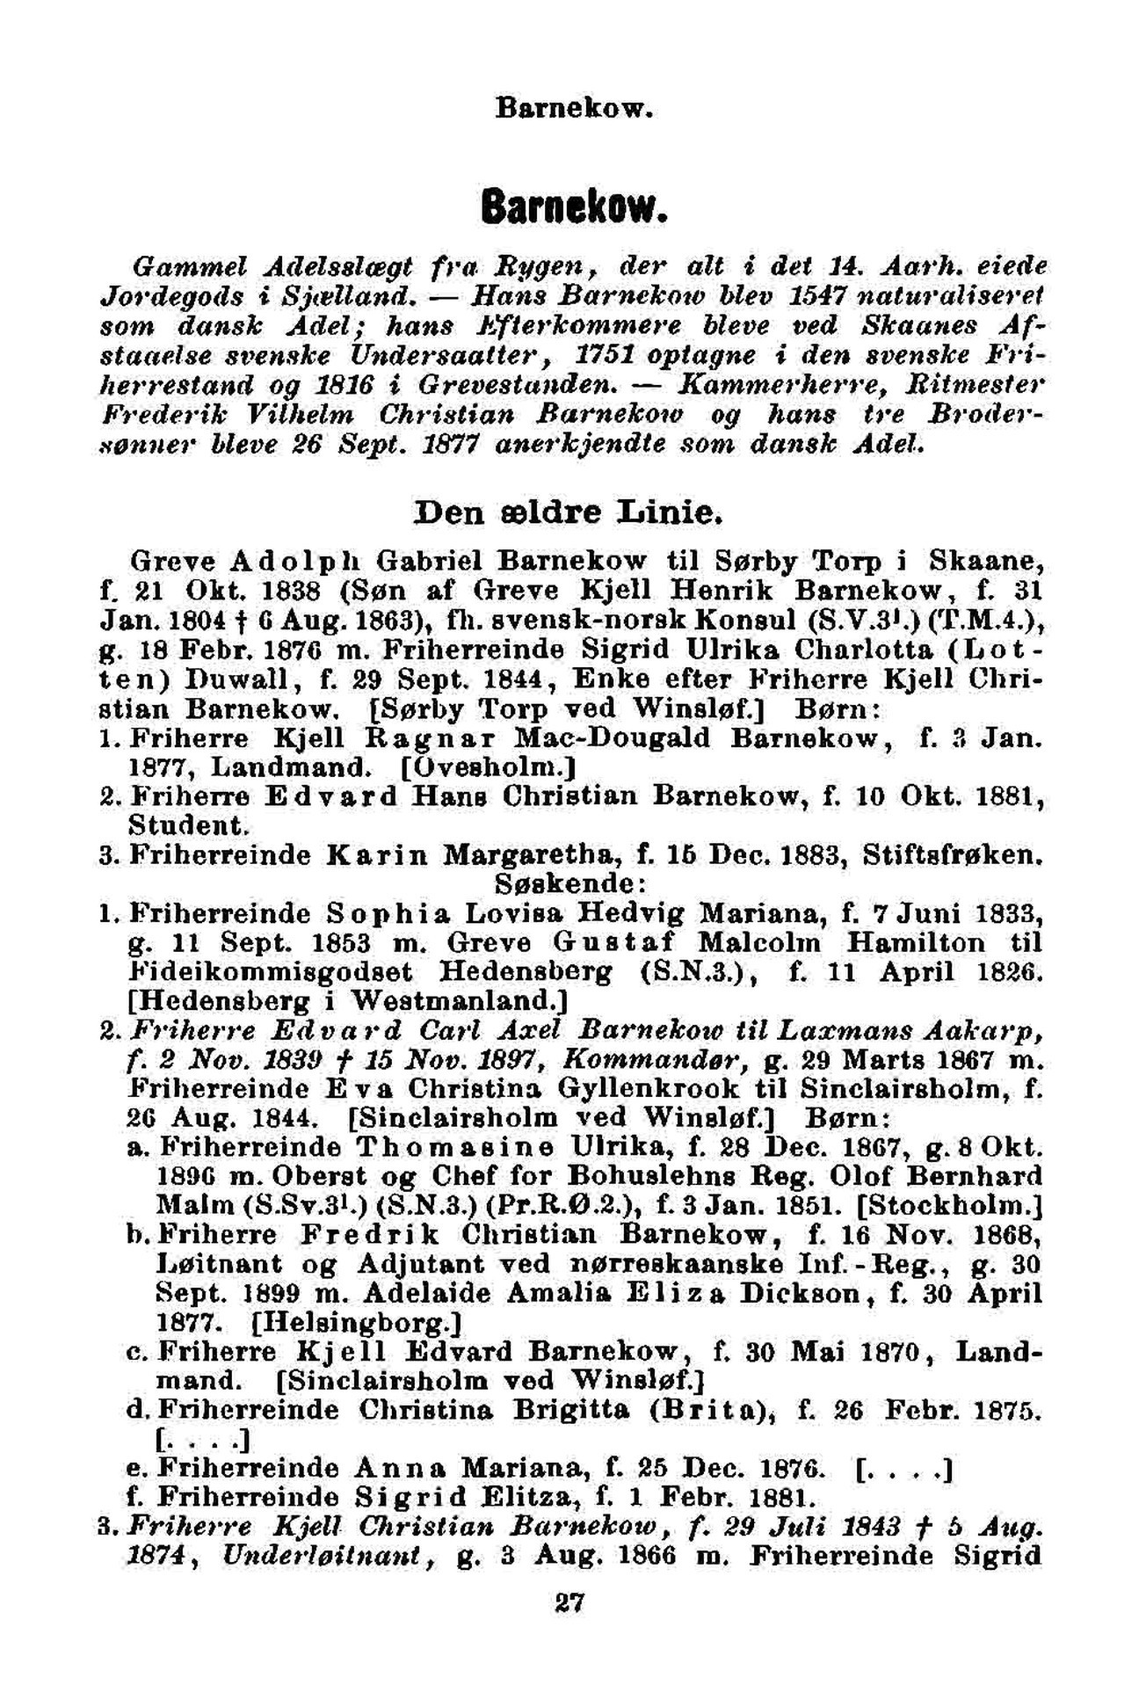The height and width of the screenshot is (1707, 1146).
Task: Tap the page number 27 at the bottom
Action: (571, 1602)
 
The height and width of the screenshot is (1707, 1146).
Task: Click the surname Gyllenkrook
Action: (649, 1089)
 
